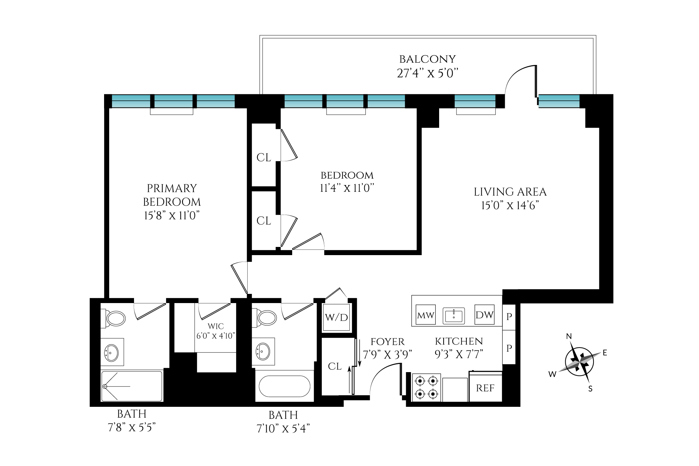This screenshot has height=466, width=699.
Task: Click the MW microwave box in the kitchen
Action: (426, 315)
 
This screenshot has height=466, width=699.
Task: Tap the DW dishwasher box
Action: (484, 315)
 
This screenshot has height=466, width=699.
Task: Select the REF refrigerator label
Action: (485, 388)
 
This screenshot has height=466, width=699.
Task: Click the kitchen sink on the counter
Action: (453, 316)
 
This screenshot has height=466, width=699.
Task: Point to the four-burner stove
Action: (427, 387)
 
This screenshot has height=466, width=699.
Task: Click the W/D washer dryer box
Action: (336, 317)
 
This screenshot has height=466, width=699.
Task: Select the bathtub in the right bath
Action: (284, 386)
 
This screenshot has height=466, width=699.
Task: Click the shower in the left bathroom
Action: (132, 386)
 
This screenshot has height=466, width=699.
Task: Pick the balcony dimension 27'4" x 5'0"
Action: (427, 73)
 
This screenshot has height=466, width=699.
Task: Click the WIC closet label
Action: (216, 327)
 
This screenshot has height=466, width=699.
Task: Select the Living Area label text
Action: (510, 192)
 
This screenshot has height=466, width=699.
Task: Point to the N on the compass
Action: (569, 336)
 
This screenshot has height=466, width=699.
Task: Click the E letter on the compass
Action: (605, 353)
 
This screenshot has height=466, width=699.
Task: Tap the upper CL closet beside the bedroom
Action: (264, 157)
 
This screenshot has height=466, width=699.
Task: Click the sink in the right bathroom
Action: (263, 351)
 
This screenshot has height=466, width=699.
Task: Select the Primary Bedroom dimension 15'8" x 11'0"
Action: (171, 216)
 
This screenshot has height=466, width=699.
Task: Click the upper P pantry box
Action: (509, 317)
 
